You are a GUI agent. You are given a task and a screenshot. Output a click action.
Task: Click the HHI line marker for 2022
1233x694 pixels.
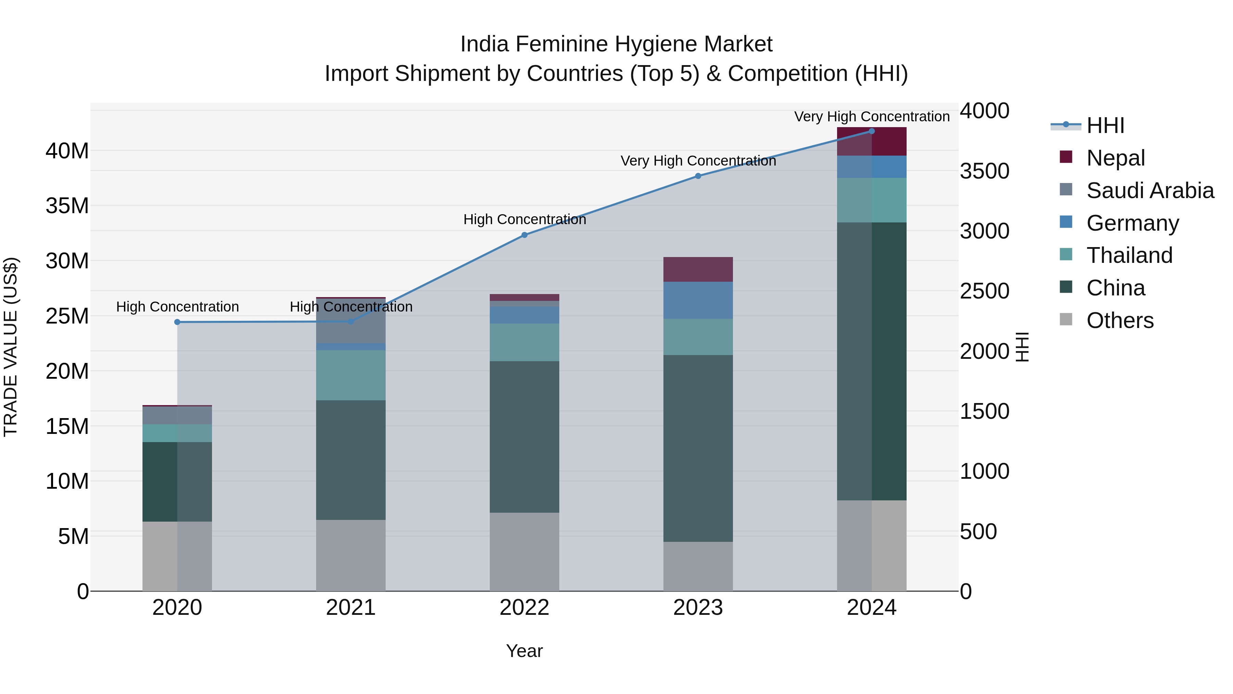tap(524, 235)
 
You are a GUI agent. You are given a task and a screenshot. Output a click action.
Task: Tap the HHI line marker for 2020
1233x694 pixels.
tap(177, 322)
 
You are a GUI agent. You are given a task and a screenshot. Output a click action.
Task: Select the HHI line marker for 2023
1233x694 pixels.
tap(698, 176)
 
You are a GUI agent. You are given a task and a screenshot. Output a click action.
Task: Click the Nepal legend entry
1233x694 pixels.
tap(1115, 158)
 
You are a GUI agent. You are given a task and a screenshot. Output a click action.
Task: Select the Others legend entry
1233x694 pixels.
tap(1120, 320)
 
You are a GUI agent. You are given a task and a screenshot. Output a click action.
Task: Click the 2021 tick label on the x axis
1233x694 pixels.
tap(351, 608)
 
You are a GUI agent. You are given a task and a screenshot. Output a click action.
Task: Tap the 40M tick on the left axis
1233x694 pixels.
tap(67, 151)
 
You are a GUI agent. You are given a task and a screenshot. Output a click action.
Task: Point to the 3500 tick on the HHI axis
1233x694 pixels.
tap(985, 171)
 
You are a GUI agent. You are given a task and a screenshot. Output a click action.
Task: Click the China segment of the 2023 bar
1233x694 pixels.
tap(698, 448)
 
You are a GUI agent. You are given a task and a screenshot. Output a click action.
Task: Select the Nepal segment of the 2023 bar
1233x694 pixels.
tap(698, 269)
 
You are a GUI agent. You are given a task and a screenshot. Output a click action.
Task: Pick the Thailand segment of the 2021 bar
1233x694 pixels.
tap(351, 375)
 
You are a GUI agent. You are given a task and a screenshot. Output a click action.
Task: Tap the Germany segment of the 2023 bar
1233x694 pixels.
tap(698, 300)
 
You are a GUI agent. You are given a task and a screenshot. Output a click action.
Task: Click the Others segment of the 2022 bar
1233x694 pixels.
tap(524, 552)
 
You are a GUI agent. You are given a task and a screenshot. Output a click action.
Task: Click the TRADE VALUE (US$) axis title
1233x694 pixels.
tap(11, 347)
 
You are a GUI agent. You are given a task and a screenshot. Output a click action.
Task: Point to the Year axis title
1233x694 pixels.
tap(524, 651)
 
